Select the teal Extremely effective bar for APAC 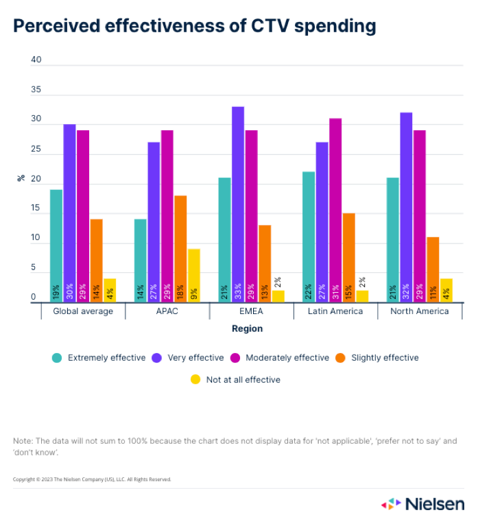141,260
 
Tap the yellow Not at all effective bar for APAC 194,275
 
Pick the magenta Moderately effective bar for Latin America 335,210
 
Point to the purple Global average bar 69,213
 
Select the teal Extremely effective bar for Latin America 309,236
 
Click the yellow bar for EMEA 278,296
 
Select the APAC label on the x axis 167,311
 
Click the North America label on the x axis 420,311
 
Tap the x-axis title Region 247,328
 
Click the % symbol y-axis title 21,178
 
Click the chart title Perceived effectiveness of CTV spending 195,26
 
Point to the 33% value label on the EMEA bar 238,291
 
